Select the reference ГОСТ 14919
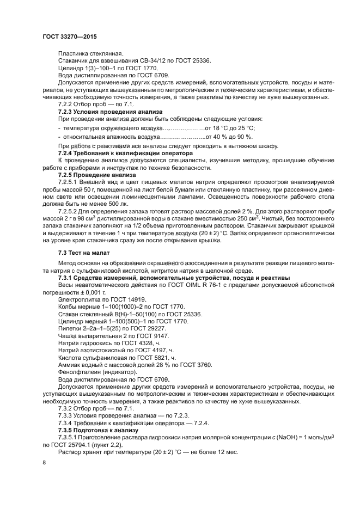pyautogui.click(x=126, y=299)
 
